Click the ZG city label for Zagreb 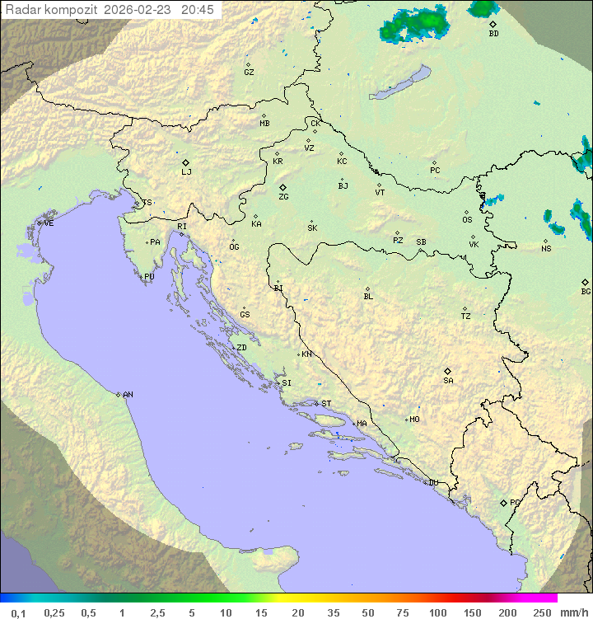click(x=283, y=198)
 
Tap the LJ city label click(x=186, y=172)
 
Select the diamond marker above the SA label click(x=448, y=371)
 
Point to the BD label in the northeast click(x=493, y=34)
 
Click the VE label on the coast click(x=49, y=223)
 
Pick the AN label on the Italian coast click(x=128, y=395)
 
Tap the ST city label click(x=326, y=404)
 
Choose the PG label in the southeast click(x=515, y=503)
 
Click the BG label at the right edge click(x=586, y=292)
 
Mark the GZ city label click(x=249, y=73)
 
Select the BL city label click(x=368, y=297)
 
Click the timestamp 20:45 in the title click(x=198, y=10)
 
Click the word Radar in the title click(x=21, y=10)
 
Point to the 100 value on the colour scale click(x=437, y=612)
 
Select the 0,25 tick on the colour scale click(x=54, y=612)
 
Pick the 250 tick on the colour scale click(x=542, y=612)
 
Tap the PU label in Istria click(x=149, y=277)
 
